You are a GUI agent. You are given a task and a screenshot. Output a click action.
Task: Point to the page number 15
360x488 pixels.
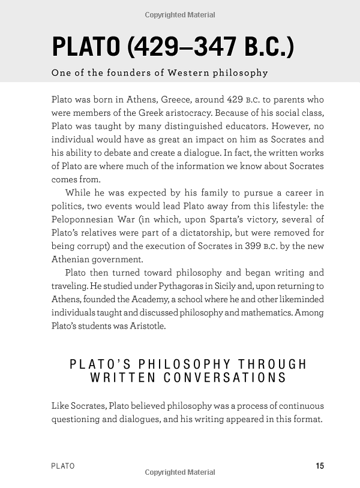pyautogui.click(x=319, y=466)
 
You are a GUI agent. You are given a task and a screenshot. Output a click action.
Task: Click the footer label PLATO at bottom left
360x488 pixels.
pyautogui.click(x=63, y=466)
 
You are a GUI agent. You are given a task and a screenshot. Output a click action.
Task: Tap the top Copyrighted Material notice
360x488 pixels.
pyautogui.click(x=180, y=14)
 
